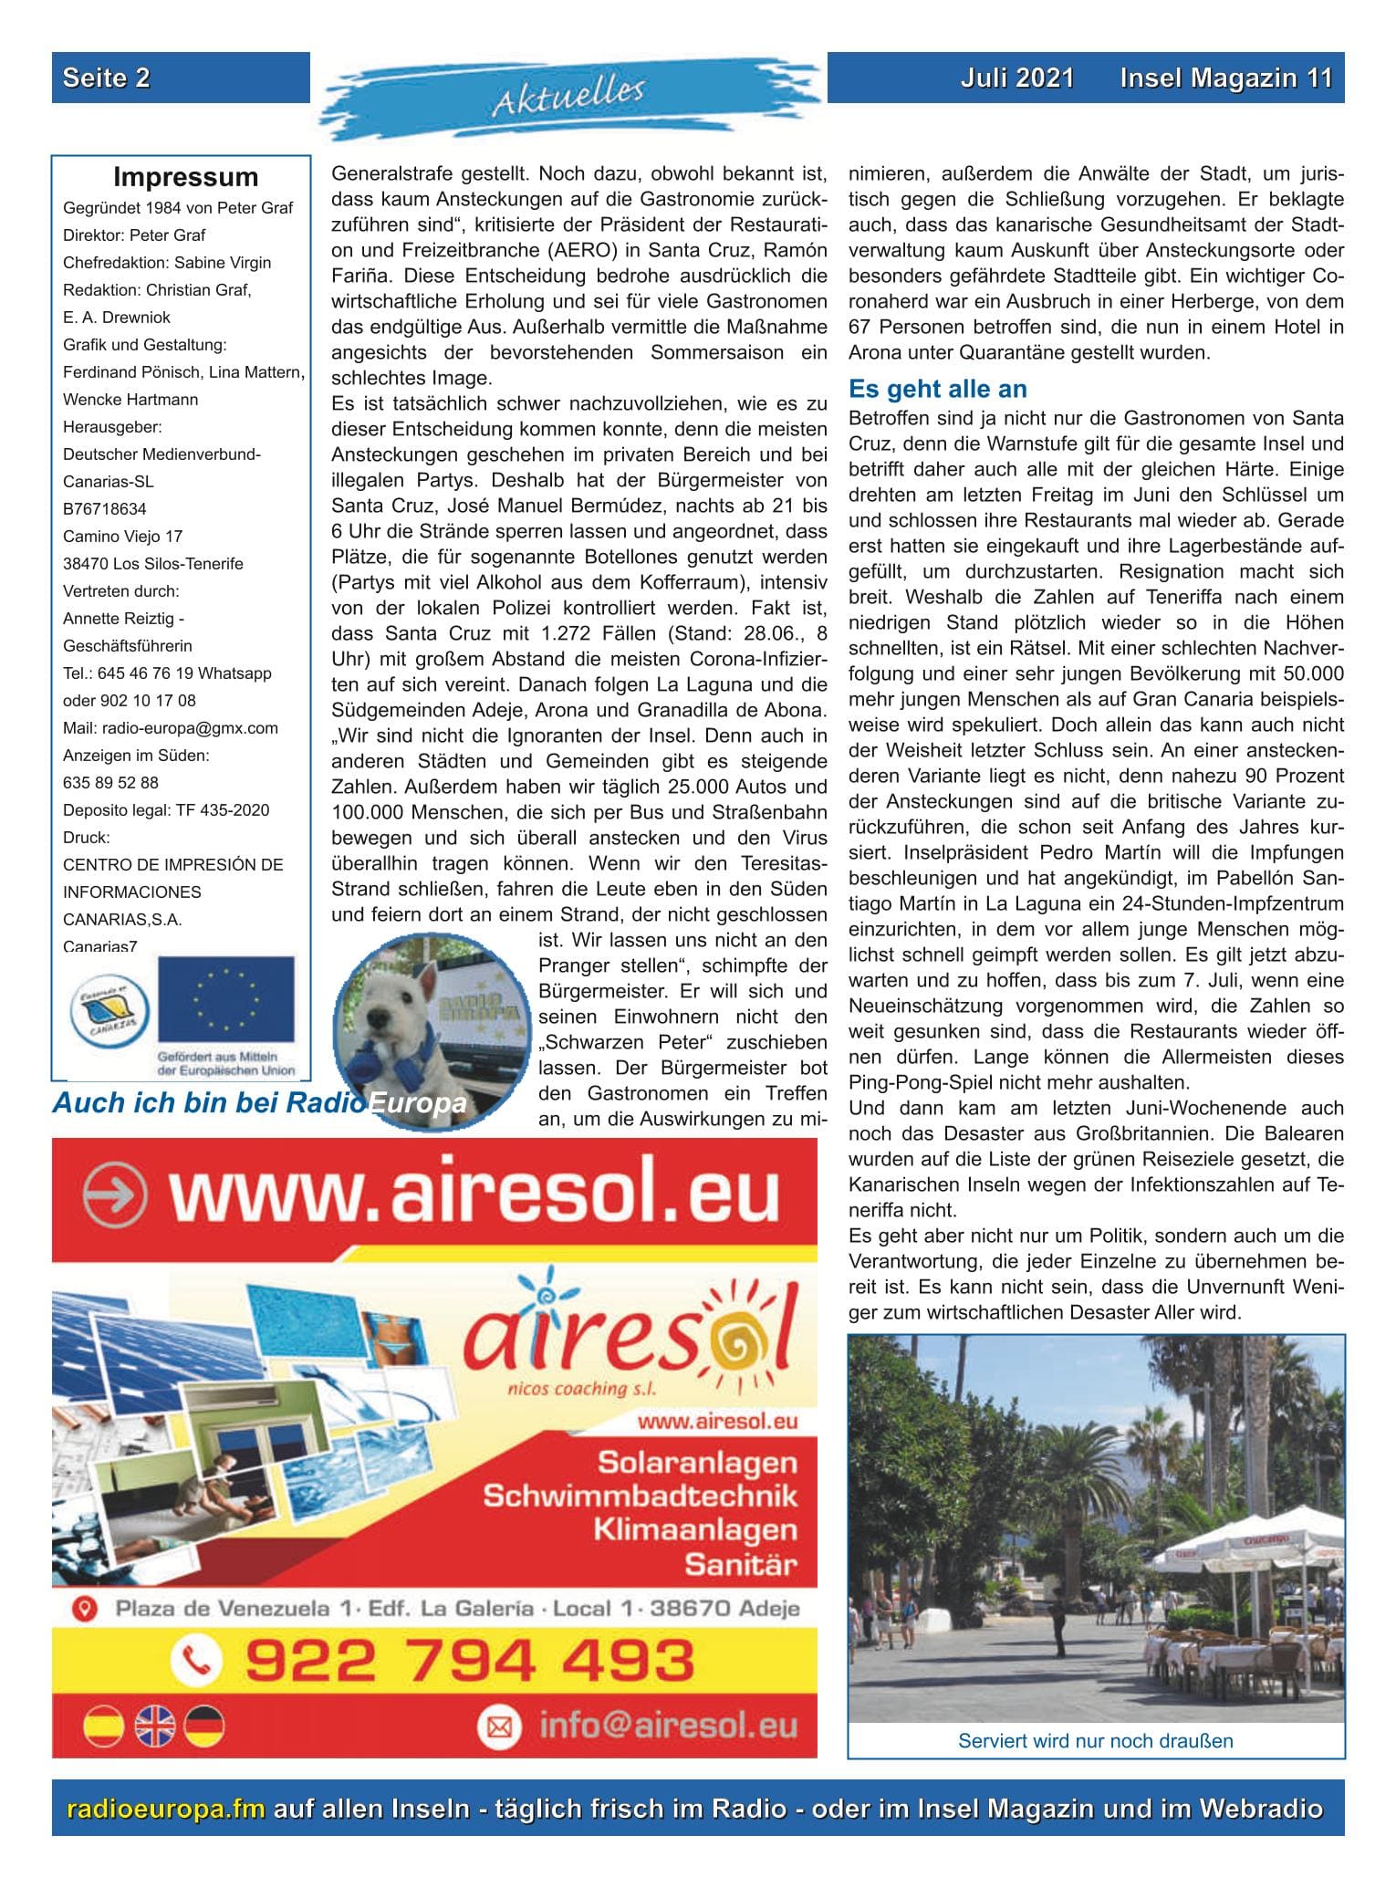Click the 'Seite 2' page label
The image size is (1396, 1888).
[x=107, y=78]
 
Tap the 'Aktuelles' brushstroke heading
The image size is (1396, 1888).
[x=568, y=97]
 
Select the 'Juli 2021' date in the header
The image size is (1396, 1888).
[x=1016, y=78]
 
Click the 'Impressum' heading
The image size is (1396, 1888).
[x=185, y=177]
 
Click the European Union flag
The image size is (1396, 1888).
[x=225, y=1001]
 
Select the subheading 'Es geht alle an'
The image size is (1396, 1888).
[x=937, y=389]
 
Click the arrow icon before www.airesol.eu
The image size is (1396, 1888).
[x=114, y=1194]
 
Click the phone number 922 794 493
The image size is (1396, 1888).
[x=470, y=1660]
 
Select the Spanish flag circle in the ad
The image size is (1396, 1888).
[x=103, y=1726]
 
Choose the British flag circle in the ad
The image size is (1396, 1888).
[x=154, y=1726]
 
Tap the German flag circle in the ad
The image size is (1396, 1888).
[x=204, y=1726]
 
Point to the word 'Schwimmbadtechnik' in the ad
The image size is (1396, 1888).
[x=640, y=1496]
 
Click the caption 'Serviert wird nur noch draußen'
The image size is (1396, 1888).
[x=1095, y=1741]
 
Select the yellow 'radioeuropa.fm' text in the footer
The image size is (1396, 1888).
[x=166, y=1808]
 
